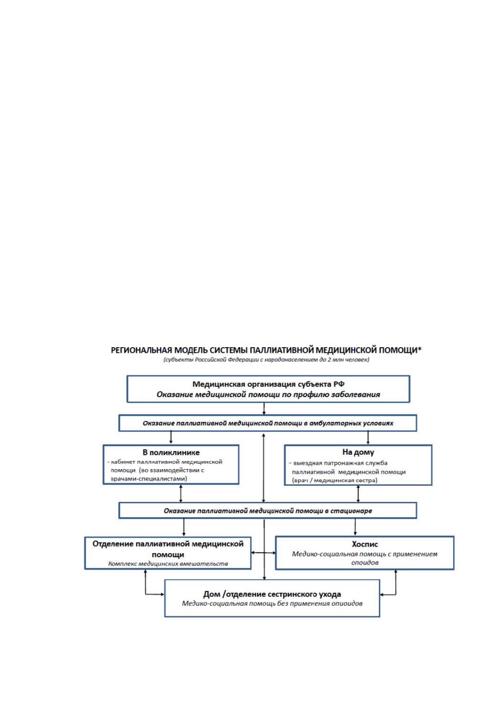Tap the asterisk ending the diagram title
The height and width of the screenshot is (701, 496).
coord(420,348)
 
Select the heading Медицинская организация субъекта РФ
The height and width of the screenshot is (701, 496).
coord(268,384)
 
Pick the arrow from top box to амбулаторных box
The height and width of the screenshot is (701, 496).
coord(264,409)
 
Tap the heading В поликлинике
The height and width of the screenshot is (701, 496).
coord(171,452)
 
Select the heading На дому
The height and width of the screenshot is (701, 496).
coord(358,452)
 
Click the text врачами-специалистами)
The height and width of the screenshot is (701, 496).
coord(149,479)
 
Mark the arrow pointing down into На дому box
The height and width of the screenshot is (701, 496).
coord(368,438)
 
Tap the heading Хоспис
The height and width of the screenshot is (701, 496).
coord(365,544)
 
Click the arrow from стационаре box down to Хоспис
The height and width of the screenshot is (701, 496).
coord(355,527)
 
